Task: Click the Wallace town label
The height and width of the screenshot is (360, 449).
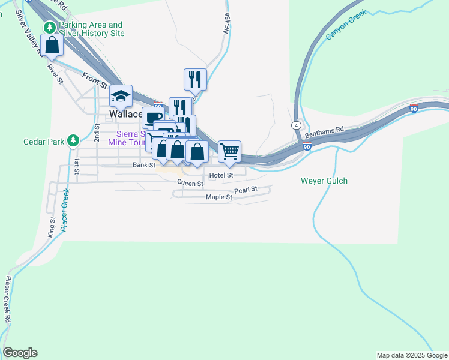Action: pos(125,114)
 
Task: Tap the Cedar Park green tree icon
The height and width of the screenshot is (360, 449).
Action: pos(73,140)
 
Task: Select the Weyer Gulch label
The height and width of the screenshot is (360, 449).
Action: pos(324,181)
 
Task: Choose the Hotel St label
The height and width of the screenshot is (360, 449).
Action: pos(221,175)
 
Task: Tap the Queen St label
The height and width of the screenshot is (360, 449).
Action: pos(190,183)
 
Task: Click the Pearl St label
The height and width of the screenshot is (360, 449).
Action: pos(246,190)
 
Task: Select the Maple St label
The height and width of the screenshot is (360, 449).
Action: pos(218,197)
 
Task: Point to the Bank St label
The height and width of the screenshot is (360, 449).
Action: pos(144,164)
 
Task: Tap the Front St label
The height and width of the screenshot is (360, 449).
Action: pos(94,77)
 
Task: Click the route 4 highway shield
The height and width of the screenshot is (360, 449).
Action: pos(297,125)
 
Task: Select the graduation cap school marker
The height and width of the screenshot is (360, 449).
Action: pos(121,96)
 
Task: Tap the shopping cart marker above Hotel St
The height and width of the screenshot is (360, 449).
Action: pos(229,152)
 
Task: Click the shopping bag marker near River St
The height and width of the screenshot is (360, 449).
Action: pos(52,45)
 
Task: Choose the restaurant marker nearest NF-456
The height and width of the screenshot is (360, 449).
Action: pos(195,79)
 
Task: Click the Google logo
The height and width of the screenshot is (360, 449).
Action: pos(20,353)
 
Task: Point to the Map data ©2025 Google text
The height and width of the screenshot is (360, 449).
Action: pos(411,355)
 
